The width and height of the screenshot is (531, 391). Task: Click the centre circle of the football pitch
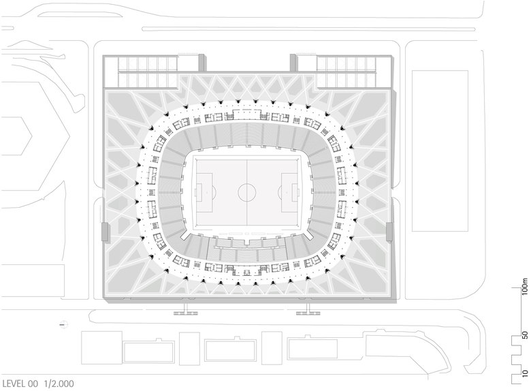[x=247, y=192]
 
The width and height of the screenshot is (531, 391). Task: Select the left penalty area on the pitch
[x=204, y=192]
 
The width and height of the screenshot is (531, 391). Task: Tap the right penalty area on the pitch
[x=289, y=192]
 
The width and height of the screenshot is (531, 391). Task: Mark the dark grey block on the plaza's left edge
[x=104, y=232]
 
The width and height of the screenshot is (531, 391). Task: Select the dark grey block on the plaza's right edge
[x=389, y=232]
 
